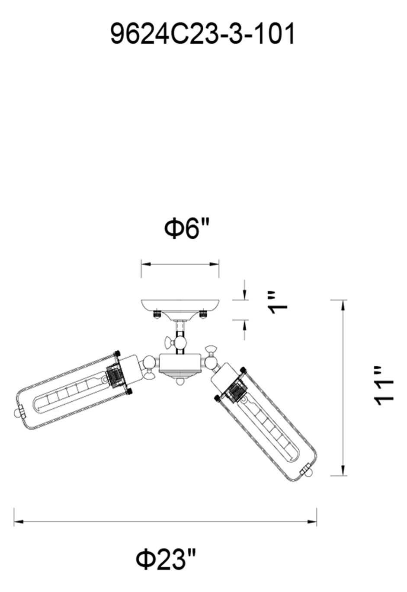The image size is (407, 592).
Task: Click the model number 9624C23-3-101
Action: tap(202, 34)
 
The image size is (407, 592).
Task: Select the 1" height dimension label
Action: tap(277, 303)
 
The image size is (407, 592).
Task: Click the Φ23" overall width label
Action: tap(166, 559)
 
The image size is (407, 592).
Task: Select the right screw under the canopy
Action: tap(203, 314)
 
